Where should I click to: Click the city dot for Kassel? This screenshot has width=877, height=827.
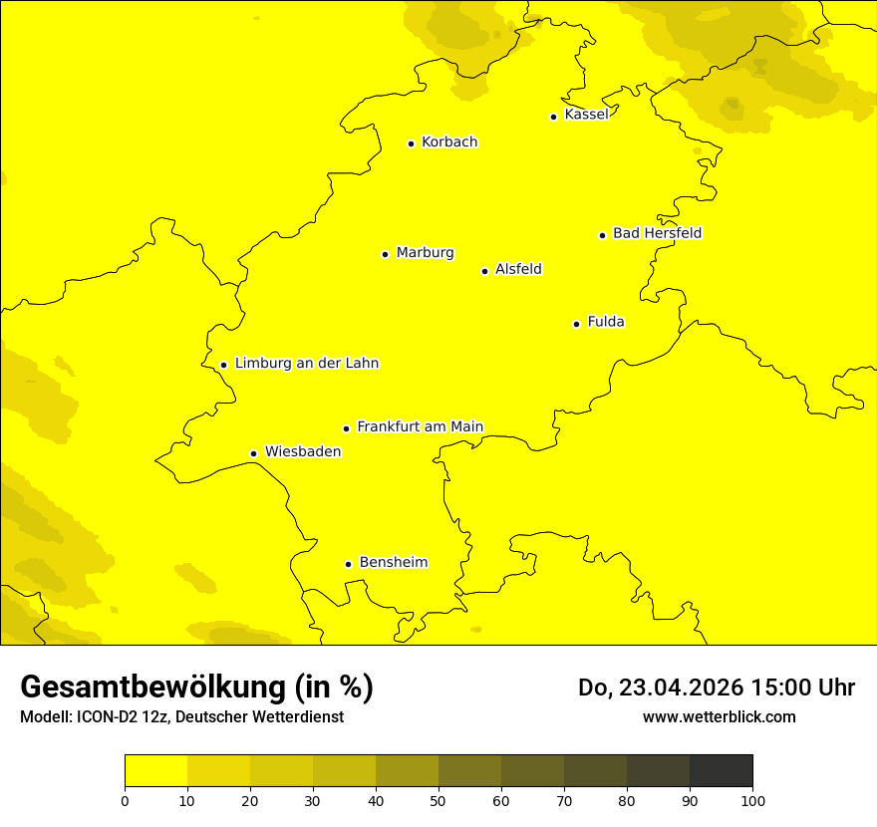click(x=553, y=117)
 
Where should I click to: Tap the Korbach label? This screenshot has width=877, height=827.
click(x=449, y=142)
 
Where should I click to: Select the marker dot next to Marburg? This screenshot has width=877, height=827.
click(x=385, y=254)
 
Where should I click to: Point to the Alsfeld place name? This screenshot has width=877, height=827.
click(x=518, y=269)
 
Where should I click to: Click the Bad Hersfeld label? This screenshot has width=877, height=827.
click(x=657, y=233)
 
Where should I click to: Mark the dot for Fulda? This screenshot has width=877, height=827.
click(x=576, y=324)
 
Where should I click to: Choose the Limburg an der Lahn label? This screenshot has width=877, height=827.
click(x=307, y=364)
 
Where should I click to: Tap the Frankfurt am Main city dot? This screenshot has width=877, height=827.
click(x=346, y=428)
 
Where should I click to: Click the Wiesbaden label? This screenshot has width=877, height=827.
click(x=303, y=451)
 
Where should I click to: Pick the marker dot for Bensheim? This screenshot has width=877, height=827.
click(x=348, y=564)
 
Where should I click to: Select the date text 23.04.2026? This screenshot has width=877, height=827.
click(x=678, y=688)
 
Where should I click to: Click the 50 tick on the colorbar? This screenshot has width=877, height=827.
click(x=438, y=800)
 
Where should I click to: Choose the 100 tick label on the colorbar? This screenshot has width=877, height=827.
click(x=752, y=800)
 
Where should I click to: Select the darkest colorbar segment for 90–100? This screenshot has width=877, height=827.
click(x=721, y=771)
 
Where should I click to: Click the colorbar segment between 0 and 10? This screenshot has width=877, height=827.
click(x=155, y=771)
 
